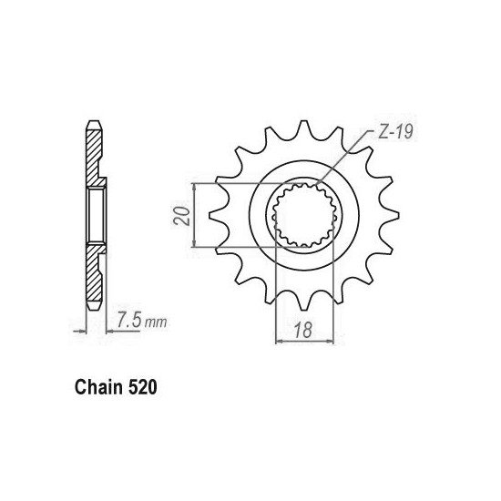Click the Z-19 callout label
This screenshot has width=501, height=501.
coord(395,132)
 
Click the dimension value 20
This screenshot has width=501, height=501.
coord(181,216)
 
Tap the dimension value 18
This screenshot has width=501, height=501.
coord(303,330)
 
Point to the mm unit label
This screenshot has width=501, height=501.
coord(156,322)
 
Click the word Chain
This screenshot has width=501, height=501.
coord(98,387)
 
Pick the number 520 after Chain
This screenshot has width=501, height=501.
coord(142,387)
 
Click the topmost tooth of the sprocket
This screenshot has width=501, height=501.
coord(303,128)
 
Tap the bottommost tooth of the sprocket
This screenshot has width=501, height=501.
coord(303,302)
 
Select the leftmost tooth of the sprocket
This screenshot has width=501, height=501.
coord(218,215)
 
